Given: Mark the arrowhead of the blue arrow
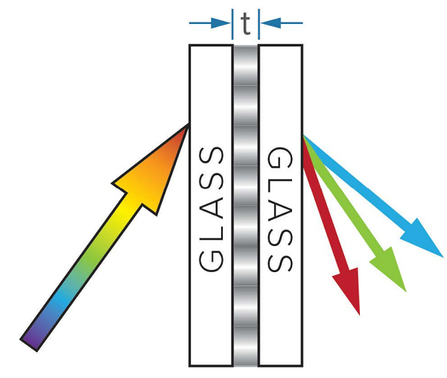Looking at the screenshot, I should coord(425,239).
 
